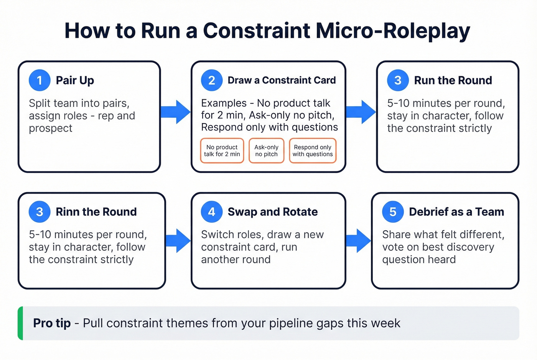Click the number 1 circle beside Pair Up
(x=40, y=81)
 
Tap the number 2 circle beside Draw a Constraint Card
(x=212, y=81)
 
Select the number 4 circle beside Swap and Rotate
(x=212, y=212)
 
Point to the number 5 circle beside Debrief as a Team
(x=393, y=212)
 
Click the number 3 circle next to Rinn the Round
(x=40, y=212)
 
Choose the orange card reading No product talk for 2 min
(x=222, y=151)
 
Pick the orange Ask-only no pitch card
(x=266, y=151)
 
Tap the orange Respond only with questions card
(x=313, y=151)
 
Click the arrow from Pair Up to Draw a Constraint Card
(x=176, y=112)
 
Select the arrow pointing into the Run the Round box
(x=361, y=112)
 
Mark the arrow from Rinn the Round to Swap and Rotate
(x=178, y=241)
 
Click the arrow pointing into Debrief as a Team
(x=358, y=241)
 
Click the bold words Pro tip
(x=52, y=323)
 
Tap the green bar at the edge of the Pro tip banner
(x=20, y=323)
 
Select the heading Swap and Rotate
(x=273, y=212)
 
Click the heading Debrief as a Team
(x=456, y=212)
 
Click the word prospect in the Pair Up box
(x=50, y=128)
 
